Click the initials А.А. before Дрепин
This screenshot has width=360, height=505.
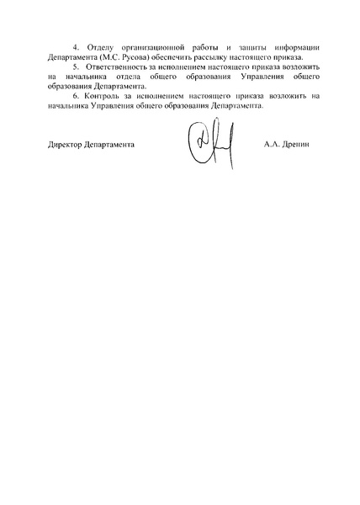click(270, 144)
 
